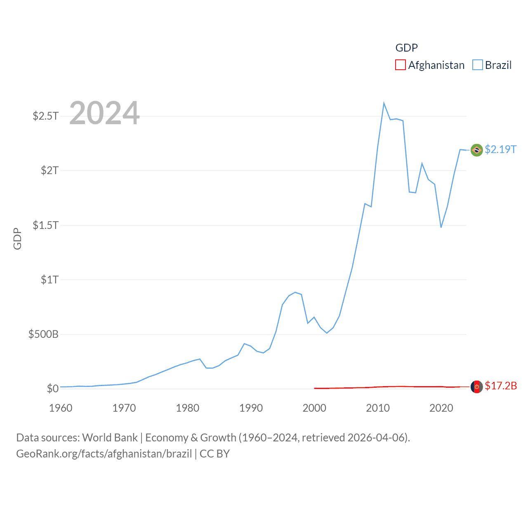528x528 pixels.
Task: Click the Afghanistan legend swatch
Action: coord(400,65)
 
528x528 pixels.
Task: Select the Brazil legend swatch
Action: coord(477,65)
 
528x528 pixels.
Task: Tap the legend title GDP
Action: coord(406,48)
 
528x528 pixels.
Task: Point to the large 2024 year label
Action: coord(104,113)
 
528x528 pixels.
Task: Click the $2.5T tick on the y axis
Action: coord(45,116)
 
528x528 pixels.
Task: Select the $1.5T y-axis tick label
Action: coord(45,225)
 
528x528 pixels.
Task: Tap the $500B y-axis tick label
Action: coord(43,334)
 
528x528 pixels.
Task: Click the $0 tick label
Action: coord(52,389)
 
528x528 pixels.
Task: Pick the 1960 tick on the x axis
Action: coord(61,408)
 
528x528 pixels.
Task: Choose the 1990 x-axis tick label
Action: coord(251,408)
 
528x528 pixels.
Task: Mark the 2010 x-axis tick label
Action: coord(378,408)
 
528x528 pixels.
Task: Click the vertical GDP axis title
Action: coord(17,238)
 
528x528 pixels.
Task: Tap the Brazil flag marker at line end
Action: coord(476,150)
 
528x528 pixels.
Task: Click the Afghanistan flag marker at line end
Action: coord(476,387)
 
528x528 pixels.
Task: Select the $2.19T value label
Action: coord(500,149)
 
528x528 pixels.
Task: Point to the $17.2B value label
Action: coord(501,386)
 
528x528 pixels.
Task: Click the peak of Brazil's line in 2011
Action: coord(384,103)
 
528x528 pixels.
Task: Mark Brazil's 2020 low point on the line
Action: coord(441,227)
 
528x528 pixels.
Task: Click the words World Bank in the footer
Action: coord(110,437)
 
